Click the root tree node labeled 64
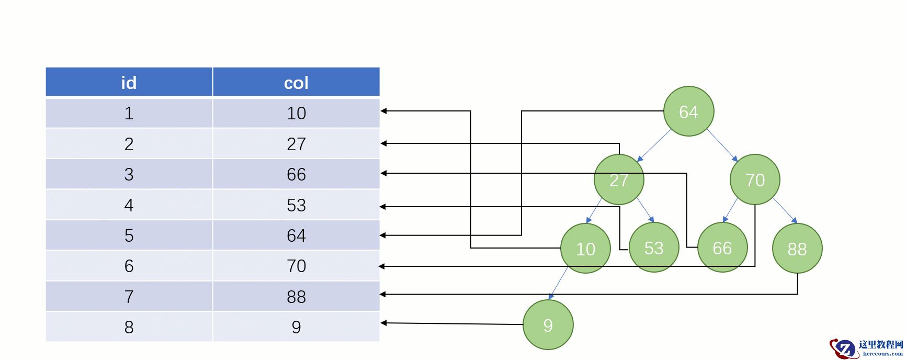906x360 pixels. (x=688, y=111)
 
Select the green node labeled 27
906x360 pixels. (x=619, y=179)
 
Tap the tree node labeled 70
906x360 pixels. (x=755, y=179)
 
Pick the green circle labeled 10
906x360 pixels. (x=585, y=249)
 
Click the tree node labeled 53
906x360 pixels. (x=654, y=248)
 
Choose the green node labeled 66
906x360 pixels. (x=722, y=248)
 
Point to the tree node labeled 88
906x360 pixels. (x=797, y=249)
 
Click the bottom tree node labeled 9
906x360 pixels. (x=548, y=325)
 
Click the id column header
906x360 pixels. (x=129, y=82)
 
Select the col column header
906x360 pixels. (x=296, y=82)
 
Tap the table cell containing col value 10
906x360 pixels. (x=296, y=113)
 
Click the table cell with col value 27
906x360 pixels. (x=296, y=144)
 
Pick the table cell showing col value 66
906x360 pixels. (x=296, y=174)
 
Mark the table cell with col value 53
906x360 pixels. (x=296, y=205)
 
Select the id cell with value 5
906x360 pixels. (x=129, y=235)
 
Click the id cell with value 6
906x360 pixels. (x=129, y=266)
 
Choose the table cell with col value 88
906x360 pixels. (x=296, y=297)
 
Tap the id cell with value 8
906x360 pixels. (x=129, y=327)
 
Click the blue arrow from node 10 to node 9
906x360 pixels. (x=559, y=283)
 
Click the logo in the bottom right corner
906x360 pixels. (x=866, y=347)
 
